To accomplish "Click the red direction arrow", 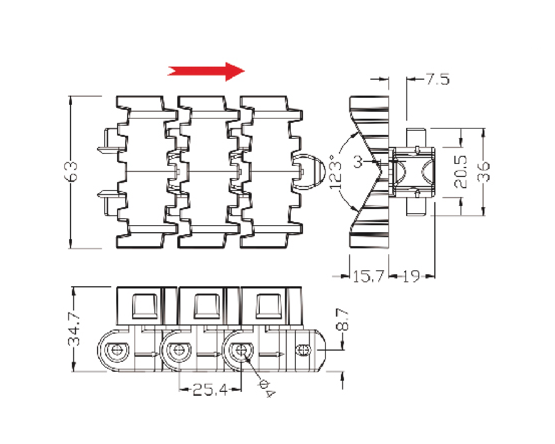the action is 206,72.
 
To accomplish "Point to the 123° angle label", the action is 335,172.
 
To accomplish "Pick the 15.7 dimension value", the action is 369,276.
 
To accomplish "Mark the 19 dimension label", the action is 411,276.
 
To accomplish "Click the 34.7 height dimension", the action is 74,329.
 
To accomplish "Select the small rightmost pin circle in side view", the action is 303,350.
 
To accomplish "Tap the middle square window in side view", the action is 207,306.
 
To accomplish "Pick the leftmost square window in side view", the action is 144,306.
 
